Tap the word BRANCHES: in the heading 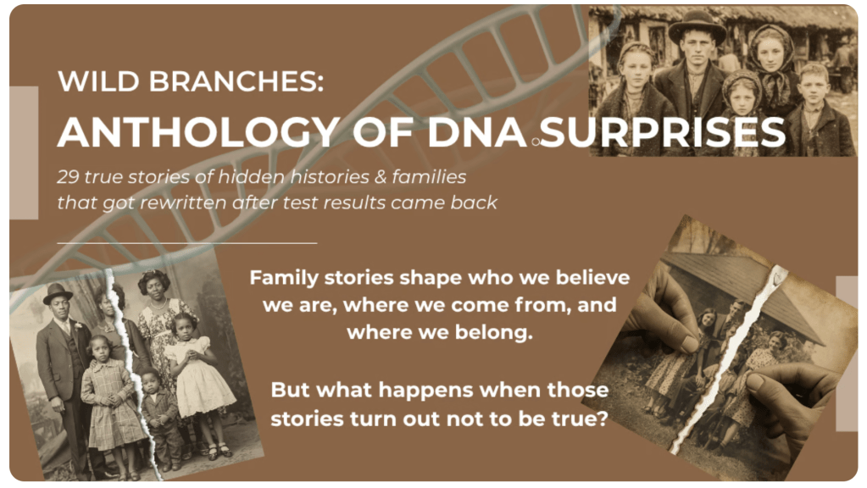[x=236, y=81]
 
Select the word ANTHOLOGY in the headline [x=198, y=133]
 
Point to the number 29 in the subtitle [x=68, y=177]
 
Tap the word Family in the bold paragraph [x=284, y=278]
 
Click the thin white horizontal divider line [x=187, y=242]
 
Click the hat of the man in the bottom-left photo [x=57, y=293]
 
